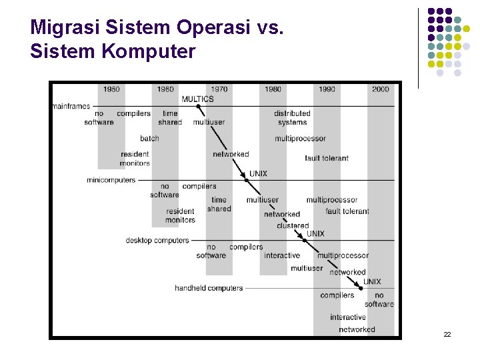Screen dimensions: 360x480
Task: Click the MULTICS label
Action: [x=197, y=99]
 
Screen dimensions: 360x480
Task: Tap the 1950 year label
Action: [x=111, y=89]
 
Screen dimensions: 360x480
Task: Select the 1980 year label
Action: [x=273, y=89]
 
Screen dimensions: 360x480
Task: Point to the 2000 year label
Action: [x=381, y=89]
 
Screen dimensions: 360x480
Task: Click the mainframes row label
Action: [x=71, y=106]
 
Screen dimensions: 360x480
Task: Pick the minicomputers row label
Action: [x=111, y=180]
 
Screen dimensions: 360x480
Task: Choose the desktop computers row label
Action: [x=157, y=240]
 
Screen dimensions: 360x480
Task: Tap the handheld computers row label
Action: [x=209, y=288]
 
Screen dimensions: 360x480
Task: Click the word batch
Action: [x=149, y=139]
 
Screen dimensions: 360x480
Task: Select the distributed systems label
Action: [x=292, y=118]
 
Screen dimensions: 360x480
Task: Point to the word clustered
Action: [x=293, y=225]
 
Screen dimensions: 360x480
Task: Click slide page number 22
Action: [x=447, y=334]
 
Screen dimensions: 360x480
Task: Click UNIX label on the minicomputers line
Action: [x=258, y=173]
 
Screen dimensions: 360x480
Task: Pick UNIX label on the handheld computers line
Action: [x=372, y=282]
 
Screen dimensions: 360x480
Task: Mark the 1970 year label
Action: [x=219, y=89]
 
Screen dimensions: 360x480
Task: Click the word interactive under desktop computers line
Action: [x=282, y=255]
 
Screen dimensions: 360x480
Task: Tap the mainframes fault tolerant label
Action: [x=327, y=158]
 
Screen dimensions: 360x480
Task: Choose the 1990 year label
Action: [x=327, y=89]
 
